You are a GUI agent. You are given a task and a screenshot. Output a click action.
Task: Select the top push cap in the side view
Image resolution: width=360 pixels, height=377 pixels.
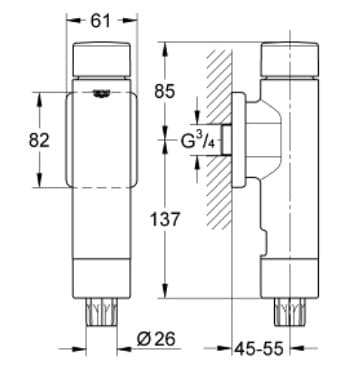289,62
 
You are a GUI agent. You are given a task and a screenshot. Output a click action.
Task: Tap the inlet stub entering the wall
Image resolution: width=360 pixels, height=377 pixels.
228,141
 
